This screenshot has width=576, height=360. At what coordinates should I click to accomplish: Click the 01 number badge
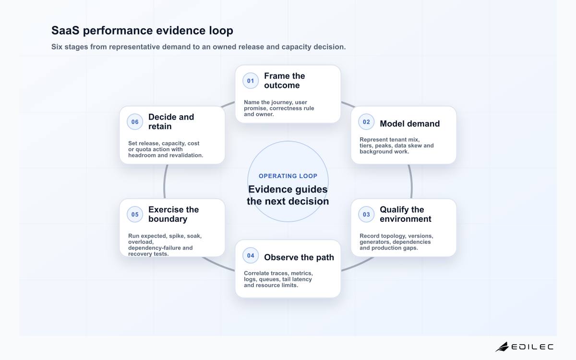(x=251, y=81)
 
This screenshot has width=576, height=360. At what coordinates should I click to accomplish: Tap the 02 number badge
(x=366, y=122)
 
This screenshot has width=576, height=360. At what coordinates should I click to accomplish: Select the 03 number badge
(x=366, y=215)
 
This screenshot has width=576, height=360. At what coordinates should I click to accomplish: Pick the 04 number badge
(x=251, y=255)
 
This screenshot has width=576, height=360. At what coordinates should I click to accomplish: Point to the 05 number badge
(x=135, y=215)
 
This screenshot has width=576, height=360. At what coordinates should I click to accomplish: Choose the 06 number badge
(x=135, y=122)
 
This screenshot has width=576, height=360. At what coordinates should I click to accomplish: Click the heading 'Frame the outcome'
(x=284, y=81)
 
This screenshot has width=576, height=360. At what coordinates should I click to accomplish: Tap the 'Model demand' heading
(x=409, y=124)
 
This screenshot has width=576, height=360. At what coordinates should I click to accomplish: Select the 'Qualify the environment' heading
(x=405, y=214)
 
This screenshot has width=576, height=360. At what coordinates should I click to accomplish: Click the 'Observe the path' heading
(x=299, y=257)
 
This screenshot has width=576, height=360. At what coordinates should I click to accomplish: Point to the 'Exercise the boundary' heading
(x=174, y=214)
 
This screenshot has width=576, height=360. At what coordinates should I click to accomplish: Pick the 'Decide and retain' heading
(x=171, y=121)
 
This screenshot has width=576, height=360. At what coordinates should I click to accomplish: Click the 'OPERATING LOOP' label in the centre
(x=288, y=176)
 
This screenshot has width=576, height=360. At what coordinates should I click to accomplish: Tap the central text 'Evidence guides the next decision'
(x=288, y=195)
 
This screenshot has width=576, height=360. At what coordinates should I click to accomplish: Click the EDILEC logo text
(x=532, y=347)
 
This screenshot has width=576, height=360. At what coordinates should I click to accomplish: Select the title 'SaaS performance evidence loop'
(x=142, y=30)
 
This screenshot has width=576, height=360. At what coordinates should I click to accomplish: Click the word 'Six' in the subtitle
(x=57, y=47)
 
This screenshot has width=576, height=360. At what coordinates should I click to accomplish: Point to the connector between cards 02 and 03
(x=411, y=181)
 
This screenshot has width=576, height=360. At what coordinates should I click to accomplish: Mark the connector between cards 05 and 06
(x=165, y=181)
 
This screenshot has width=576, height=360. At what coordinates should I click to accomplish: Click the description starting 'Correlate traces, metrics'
(x=278, y=279)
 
